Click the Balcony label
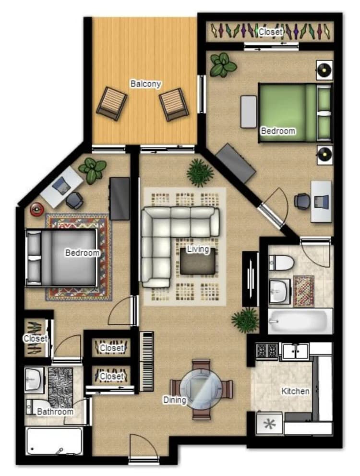[x=145, y=84]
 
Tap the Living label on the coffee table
[x=198, y=249]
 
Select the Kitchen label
[x=295, y=391]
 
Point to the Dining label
[x=175, y=400]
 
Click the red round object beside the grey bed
[x=37, y=209]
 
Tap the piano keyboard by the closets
[x=147, y=362]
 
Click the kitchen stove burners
[x=266, y=351]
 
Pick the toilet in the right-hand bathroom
[x=281, y=263]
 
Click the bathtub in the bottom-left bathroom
[x=55, y=441]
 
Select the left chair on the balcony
[x=112, y=104]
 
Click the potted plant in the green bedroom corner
[x=223, y=65]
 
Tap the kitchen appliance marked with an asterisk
[x=269, y=423]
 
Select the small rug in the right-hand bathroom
[x=303, y=291]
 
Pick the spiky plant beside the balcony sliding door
[x=200, y=172]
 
